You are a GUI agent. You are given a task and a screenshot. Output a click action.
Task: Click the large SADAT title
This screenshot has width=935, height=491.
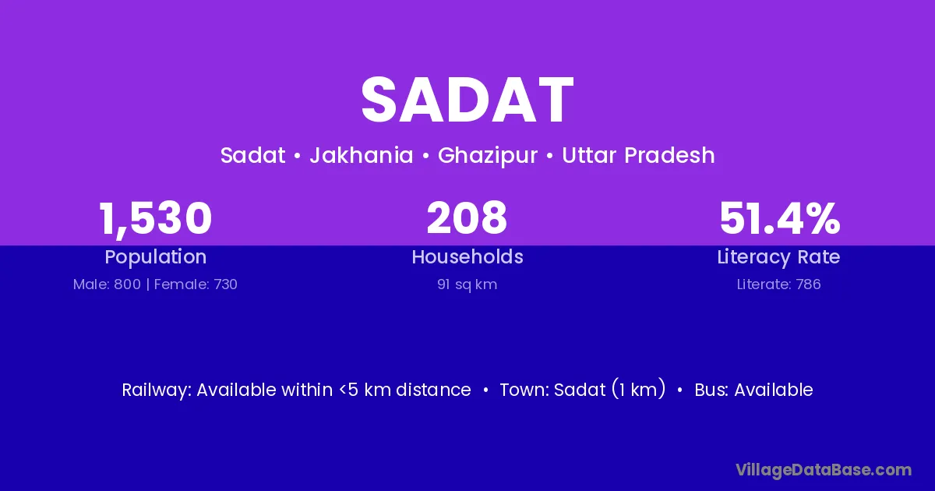(467, 101)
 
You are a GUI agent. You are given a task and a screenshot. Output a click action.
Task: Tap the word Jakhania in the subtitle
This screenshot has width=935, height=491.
(362, 155)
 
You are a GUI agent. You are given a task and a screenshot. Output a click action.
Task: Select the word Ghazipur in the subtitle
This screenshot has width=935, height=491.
(488, 156)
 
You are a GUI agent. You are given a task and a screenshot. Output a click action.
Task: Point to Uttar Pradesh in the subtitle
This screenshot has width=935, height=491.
(638, 155)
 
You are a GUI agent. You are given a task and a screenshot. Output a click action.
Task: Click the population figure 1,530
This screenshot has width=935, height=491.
(155, 219)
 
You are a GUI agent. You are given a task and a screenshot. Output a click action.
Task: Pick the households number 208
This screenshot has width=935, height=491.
(467, 217)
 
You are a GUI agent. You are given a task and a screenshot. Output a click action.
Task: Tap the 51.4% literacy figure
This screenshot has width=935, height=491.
(779, 218)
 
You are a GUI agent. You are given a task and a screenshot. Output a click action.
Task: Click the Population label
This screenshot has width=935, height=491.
(155, 257)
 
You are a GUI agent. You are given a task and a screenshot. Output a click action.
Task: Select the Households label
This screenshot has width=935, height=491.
(467, 256)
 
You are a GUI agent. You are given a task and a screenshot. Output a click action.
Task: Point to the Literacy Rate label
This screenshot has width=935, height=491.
(778, 257)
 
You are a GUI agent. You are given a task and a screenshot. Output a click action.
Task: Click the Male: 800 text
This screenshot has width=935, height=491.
(107, 284)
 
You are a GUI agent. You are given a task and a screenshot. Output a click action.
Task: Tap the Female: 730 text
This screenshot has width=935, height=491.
(196, 284)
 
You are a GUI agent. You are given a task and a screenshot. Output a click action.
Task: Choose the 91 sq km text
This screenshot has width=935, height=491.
(467, 284)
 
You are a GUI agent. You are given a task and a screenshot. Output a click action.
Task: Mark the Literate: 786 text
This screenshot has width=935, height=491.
(778, 284)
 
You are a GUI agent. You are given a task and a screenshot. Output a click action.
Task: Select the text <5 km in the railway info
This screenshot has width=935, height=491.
(365, 390)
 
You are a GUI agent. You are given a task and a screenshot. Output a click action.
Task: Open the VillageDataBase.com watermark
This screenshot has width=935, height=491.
(824, 470)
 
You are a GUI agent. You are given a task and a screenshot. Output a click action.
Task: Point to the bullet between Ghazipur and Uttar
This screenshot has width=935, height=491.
(549, 156)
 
